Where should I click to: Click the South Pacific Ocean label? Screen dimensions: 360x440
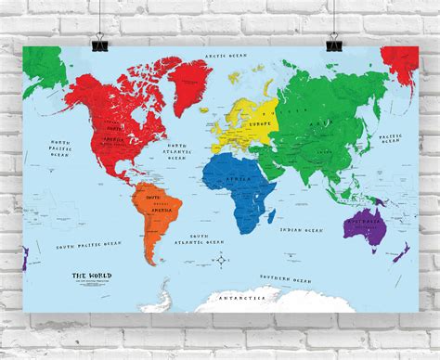88,244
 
